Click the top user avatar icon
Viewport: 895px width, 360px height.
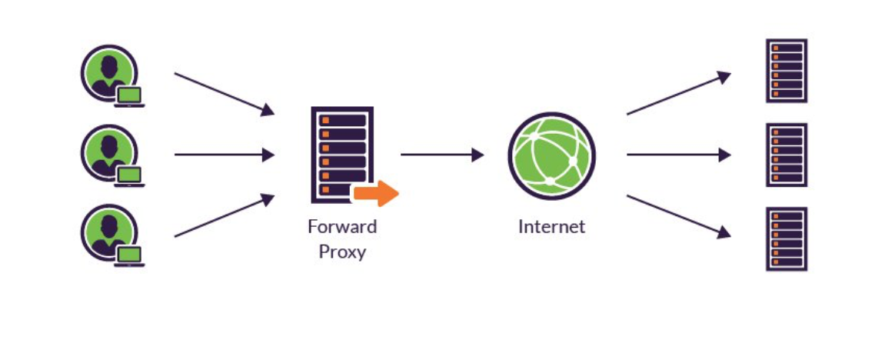point(108,72)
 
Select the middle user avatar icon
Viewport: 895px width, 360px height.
point(108,152)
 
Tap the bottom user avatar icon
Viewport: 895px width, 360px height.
point(108,232)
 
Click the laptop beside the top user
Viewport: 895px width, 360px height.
point(130,97)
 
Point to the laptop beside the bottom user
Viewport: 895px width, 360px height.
point(130,256)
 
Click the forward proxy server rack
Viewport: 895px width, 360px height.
point(341,153)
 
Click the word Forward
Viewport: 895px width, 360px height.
point(342,227)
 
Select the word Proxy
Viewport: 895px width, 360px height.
point(342,251)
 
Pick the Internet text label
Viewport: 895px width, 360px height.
point(551,227)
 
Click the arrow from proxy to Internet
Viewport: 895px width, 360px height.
point(442,155)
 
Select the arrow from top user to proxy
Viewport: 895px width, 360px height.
point(224,94)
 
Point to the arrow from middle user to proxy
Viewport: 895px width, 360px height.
point(224,155)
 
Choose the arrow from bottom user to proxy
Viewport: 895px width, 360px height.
point(224,215)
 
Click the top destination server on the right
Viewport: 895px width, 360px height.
point(787,71)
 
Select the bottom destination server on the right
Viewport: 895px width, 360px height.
point(787,238)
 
